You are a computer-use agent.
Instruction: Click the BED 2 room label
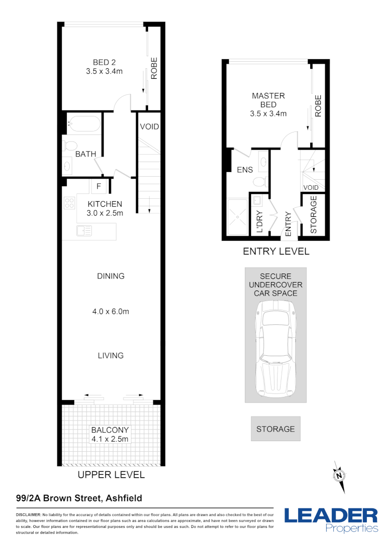(x=104, y=62)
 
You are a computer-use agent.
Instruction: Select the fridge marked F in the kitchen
(x=99, y=187)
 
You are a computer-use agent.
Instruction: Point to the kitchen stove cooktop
(x=69, y=203)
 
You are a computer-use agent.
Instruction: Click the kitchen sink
(x=84, y=230)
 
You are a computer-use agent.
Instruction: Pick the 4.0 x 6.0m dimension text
(x=110, y=312)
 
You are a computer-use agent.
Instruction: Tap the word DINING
(x=110, y=276)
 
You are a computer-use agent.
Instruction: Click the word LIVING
(x=110, y=355)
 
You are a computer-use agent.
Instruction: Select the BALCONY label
(x=110, y=430)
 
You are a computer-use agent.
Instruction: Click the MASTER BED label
(x=268, y=100)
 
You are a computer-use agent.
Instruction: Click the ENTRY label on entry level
(x=288, y=224)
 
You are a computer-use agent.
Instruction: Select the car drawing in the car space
(x=275, y=348)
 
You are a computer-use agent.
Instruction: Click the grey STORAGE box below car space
(x=276, y=429)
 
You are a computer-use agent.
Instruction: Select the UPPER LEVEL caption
(x=110, y=475)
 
